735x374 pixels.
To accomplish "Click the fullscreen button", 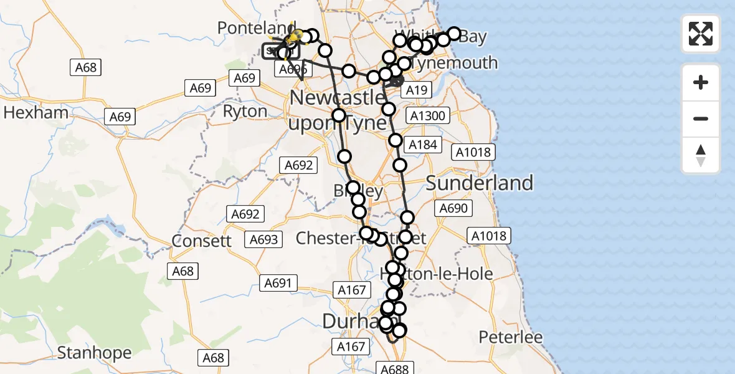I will tap(701, 34).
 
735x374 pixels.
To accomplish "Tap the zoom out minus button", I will tap(701, 118).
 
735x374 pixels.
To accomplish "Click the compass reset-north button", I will tap(701, 156).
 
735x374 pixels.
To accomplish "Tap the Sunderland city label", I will tap(480, 183).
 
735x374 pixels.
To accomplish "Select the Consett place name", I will tap(201, 241).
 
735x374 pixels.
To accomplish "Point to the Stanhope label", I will tap(94, 353).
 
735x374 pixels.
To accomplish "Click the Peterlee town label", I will tap(511, 337).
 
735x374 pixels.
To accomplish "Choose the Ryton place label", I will tap(245, 112).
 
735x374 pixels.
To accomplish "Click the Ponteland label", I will tap(255, 28).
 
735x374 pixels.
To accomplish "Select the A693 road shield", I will tap(264, 239).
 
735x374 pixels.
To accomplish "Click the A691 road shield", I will tap(278, 283).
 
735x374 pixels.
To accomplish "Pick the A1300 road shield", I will tap(427, 115).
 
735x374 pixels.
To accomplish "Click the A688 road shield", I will tap(394, 368).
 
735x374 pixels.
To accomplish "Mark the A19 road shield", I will tap(415, 91).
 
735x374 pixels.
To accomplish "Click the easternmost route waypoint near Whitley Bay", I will tap(454, 34).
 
